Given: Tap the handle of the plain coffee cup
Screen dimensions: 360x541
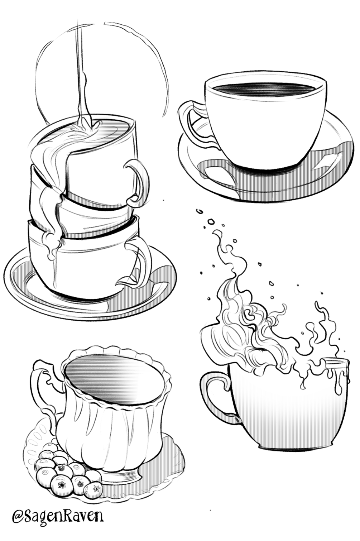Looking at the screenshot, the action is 191,121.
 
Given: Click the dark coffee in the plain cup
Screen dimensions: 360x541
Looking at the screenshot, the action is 265,90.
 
